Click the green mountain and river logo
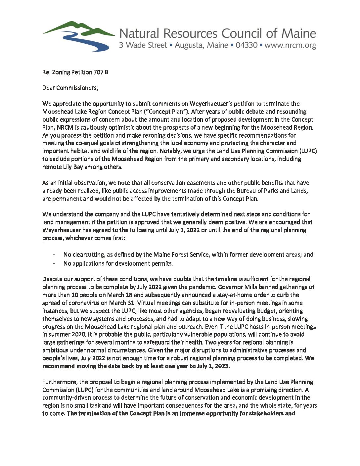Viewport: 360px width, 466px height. click(79, 36)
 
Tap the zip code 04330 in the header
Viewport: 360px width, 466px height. click(246, 45)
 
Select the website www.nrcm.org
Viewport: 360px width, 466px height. click(290, 45)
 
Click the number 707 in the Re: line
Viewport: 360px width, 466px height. click(99, 72)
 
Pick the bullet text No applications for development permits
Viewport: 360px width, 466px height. click(118, 263)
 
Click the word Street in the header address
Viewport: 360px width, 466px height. click(156, 45)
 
